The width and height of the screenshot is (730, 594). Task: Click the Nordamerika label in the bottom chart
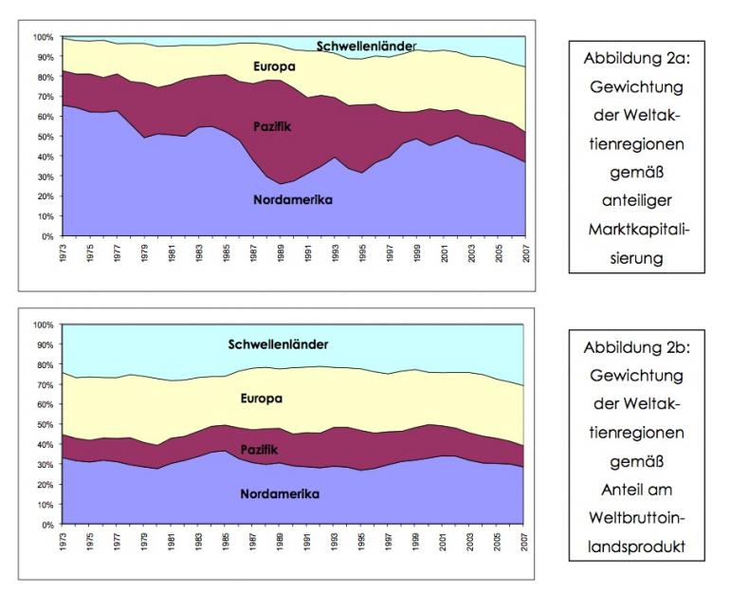[x=280, y=494]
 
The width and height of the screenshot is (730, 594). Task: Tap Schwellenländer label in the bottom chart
[x=278, y=344]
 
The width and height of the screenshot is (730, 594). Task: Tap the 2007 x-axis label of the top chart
[x=522, y=252]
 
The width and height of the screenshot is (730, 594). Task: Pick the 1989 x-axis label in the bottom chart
[x=279, y=541]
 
